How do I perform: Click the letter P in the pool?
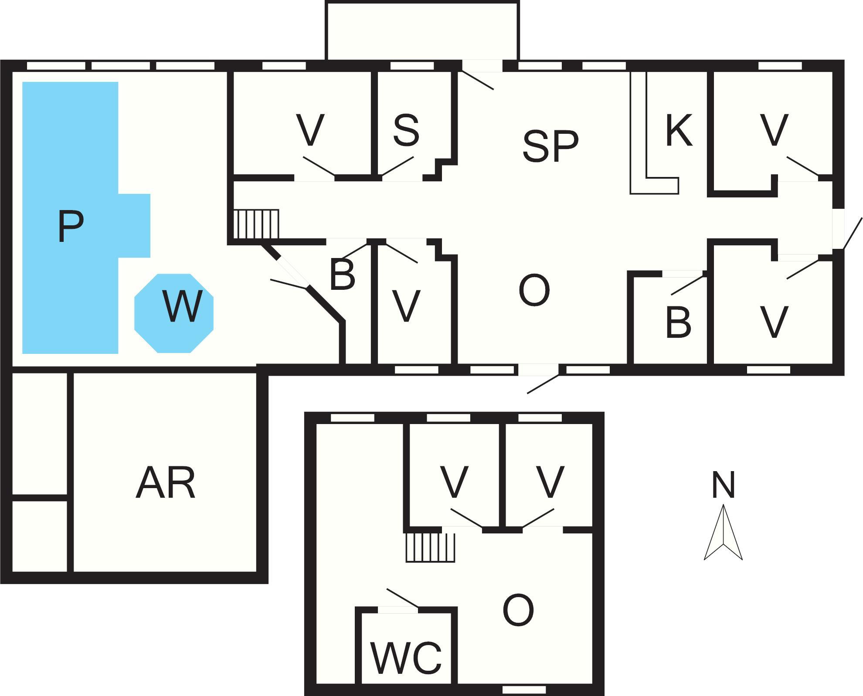point(71,226)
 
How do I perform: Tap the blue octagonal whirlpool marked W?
point(174,313)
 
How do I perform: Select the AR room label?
point(166,483)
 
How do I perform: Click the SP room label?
point(550,146)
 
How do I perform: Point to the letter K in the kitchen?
point(679,130)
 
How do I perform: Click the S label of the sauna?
point(406,129)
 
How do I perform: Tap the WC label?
point(406,657)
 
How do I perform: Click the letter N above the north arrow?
point(723,485)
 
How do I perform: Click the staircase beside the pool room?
point(256,224)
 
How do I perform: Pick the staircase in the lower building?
point(431,548)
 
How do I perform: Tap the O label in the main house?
point(534,291)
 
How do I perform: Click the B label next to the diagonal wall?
point(342,275)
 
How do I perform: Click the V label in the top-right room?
point(774,130)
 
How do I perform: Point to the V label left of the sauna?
point(310,130)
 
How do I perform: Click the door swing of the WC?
point(402,598)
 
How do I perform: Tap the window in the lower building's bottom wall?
point(524,690)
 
